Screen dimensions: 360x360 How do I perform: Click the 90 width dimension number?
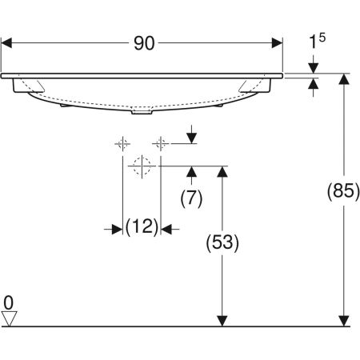coord(143,44)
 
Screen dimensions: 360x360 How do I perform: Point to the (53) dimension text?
coord(222,241)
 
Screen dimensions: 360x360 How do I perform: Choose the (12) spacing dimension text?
coord(142,229)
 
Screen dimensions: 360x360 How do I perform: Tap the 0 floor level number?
coord(9,302)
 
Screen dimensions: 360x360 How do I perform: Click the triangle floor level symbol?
coord(9,318)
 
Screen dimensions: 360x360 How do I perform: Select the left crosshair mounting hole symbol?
coord(122,143)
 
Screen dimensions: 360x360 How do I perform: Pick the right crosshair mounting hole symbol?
coord(161,143)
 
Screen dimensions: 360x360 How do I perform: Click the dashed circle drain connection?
coord(142,166)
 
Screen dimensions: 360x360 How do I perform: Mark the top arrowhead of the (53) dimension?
coord(222,172)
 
